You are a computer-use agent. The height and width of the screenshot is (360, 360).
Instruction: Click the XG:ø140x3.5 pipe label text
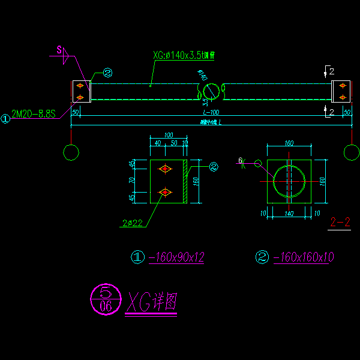(184, 56)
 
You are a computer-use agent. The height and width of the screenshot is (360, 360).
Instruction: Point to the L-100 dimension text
(211, 113)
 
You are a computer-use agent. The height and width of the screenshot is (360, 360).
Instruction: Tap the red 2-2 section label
(340, 223)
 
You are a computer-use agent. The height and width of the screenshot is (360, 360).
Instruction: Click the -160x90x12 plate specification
(177, 257)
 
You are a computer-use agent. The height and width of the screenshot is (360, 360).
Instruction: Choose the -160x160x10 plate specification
(303, 257)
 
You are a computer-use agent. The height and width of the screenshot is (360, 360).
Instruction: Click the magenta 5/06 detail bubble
(104, 299)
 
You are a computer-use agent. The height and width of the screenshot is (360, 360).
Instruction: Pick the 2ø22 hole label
(131, 224)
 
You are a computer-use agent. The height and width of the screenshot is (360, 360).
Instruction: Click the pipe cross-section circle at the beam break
(211, 91)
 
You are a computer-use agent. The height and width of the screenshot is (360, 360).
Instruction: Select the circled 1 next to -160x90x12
(138, 258)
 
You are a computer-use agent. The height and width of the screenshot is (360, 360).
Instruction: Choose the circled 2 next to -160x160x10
(262, 258)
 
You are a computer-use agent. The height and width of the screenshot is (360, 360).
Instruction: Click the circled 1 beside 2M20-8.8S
(5, 119)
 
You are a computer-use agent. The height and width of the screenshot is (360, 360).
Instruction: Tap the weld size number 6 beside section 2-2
(240, 161)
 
